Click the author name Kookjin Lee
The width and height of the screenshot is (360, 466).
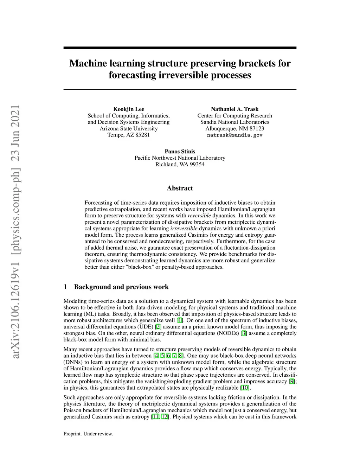tap(128, 109)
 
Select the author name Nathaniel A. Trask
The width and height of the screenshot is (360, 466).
tap(234, 109)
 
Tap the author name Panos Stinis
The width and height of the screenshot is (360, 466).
tap(180, 152)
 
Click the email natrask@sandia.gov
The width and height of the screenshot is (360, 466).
tap(234, 135)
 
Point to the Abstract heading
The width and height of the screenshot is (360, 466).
tap(180, 188)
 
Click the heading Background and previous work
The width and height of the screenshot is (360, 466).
tap(121, 287)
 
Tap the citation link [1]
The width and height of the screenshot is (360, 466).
tap(180, 320)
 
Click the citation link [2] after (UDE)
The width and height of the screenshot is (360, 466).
tap(158, 327)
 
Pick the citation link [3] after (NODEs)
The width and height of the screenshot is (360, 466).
tap(244, 333)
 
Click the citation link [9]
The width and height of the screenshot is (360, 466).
tap(292, 381)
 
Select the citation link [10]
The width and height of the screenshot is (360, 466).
tap(245, 388)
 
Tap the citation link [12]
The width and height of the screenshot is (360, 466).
tap(165, 417)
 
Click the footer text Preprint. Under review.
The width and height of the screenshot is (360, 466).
tap(88, 434)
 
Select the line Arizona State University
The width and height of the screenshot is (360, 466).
tap(128, 128)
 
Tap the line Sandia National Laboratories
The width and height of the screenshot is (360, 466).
tap(234, 122)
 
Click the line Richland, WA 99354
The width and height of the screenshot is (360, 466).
tap(180, 164)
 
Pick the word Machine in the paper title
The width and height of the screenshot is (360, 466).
tap(88, 64)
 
